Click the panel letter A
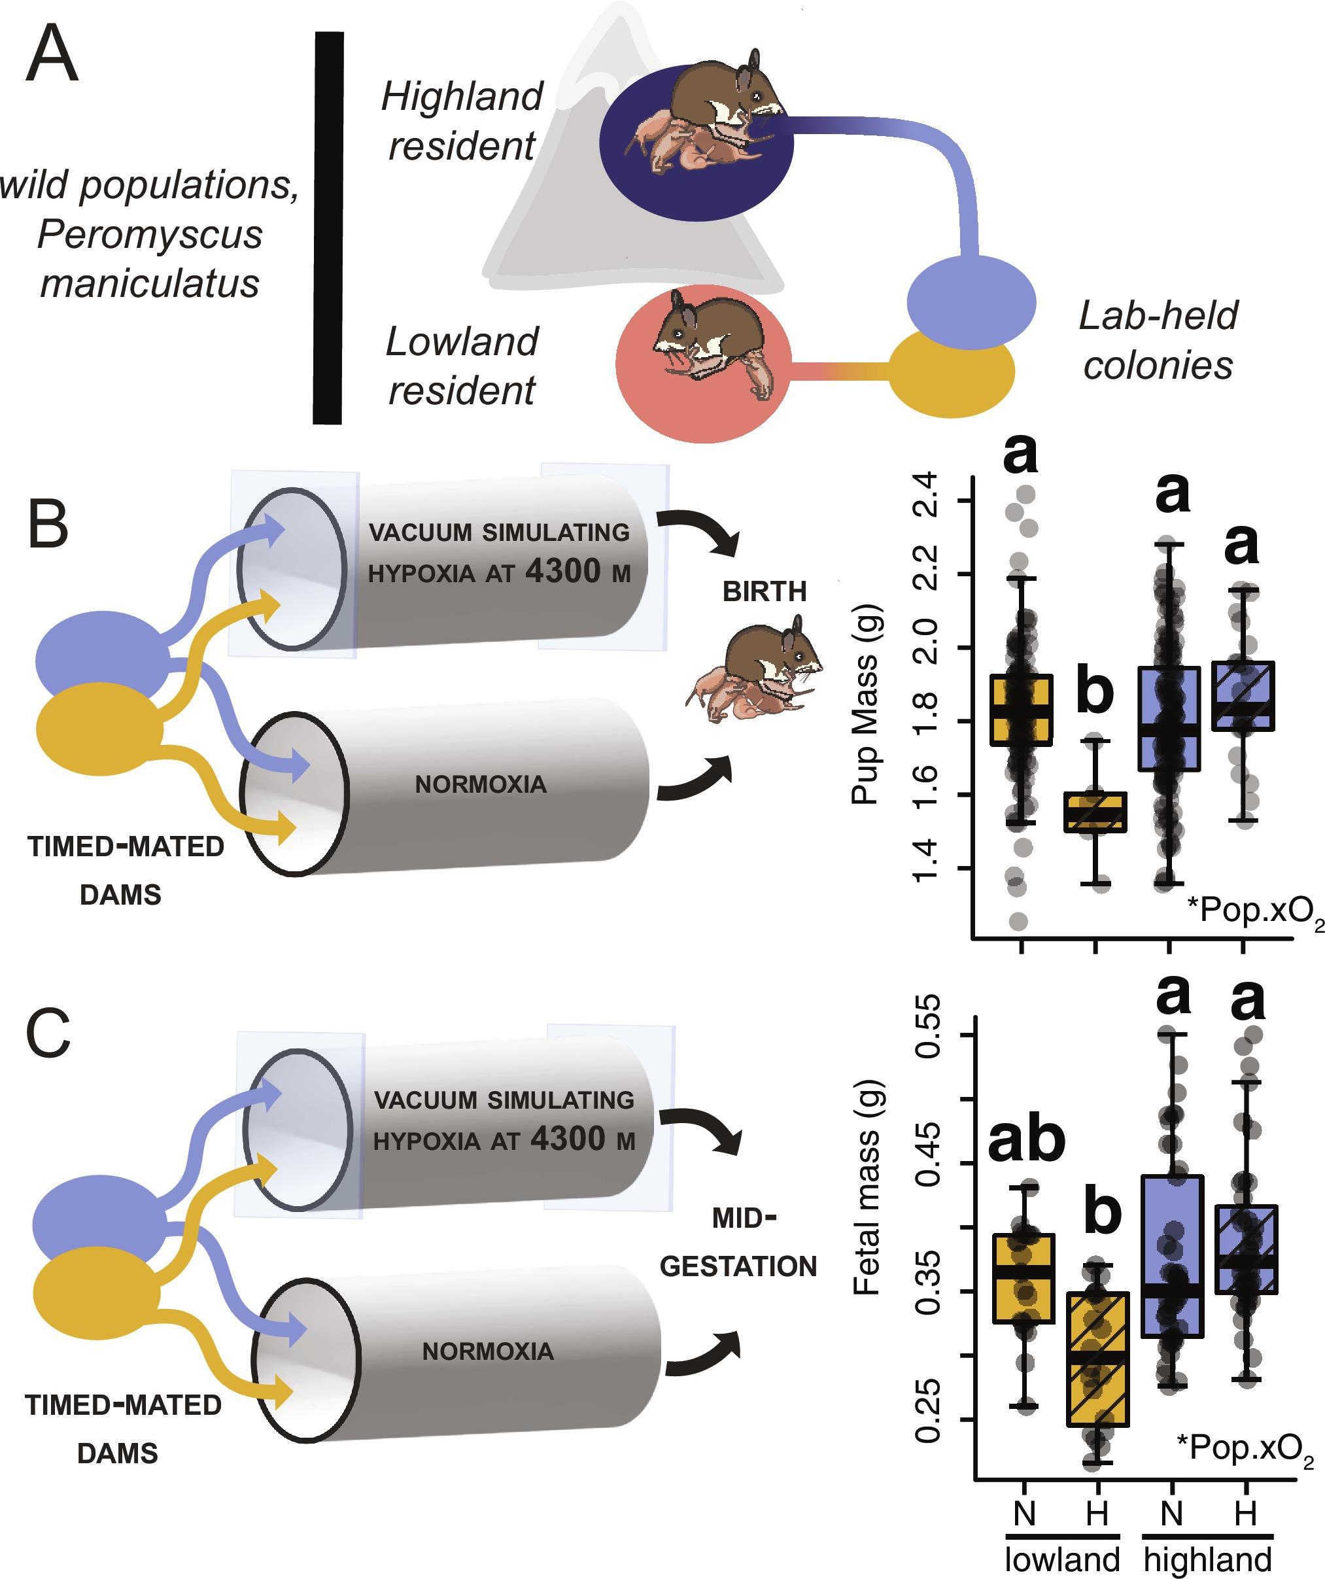click(51, 54)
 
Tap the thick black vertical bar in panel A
click(328, 227)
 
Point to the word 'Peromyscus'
click(150, 235)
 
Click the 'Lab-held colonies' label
click(1158, 340)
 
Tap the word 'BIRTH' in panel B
click(764, 592)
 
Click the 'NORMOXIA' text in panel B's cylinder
click(481, 784)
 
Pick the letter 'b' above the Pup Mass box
click(1094, 690)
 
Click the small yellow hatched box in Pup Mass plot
click(1095, 812)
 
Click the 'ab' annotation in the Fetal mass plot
click(1025, 1139)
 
